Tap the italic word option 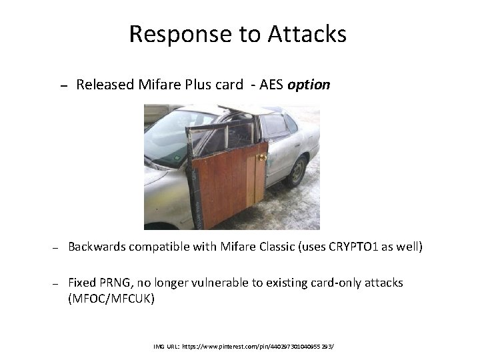point(309,85)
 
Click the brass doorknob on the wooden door point(262,157)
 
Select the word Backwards point(98,247)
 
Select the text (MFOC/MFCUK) point(111,299)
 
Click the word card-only point(337,283)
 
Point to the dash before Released point(62,86)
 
